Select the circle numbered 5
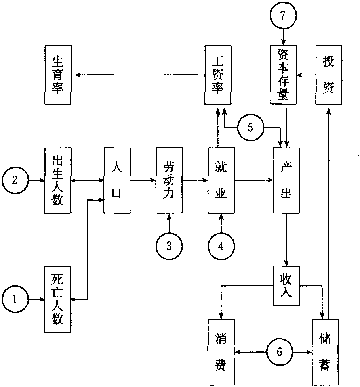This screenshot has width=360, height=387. point(250,128)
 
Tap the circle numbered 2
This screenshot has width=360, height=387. point(15,180)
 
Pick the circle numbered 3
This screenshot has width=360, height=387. point(169,246)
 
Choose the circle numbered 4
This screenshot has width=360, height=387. point(221,246)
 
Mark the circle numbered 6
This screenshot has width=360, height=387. point(280,352)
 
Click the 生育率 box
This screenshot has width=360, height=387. point(58,75)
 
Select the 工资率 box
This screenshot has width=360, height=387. point(218,75)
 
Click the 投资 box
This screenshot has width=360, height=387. point(328,75)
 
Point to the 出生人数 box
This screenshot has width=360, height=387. point(58,180)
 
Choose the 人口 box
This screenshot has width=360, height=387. point(117,180)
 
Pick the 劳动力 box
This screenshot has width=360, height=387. point(169,180)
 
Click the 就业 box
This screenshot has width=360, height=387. point(221,180)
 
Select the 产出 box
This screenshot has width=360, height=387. point(286,180)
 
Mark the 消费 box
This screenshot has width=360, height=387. point(221,351)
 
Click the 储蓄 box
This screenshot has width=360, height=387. point(325,351)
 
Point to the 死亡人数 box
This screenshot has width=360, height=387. point(58,299)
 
